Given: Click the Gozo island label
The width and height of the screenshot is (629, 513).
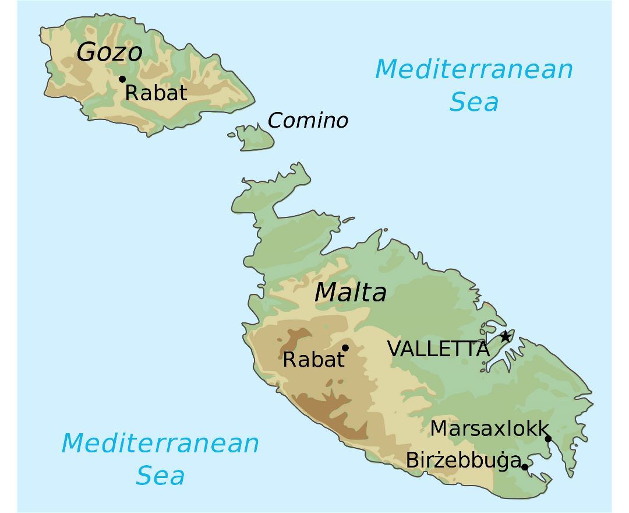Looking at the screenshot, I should [109, 52].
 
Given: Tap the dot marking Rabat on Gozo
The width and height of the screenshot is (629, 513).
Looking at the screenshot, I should [122, 79].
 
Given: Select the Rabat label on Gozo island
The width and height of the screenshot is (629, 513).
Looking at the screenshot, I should [156, 93].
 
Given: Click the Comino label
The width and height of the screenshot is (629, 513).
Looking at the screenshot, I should [308, 121].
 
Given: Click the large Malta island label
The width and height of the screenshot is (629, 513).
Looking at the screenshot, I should [350, 292].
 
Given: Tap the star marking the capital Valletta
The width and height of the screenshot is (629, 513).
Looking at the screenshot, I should [505, 336].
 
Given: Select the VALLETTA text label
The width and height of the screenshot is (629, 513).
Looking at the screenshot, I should [438, 349].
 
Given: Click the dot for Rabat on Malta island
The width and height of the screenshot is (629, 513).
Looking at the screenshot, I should [345, 348].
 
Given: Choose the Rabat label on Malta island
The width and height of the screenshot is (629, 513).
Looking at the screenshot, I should [313, 360].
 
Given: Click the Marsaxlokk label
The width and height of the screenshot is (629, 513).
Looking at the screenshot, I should [489, 428].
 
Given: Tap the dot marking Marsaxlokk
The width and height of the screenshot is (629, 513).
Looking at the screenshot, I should [548, 439].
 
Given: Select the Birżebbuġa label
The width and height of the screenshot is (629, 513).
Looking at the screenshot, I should [463, 461].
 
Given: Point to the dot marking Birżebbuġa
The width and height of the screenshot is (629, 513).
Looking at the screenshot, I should [525, 467].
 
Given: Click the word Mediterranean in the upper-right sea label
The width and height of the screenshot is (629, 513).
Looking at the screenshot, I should [474, 69].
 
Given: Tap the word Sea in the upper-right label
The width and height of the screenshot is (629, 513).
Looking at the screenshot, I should [474, 102].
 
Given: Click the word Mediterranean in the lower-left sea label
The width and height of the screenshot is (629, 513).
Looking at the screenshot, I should [160, 443].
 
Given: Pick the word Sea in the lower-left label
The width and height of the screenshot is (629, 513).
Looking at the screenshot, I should [160, 476].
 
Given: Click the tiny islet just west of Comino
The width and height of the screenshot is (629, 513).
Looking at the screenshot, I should [231, 135].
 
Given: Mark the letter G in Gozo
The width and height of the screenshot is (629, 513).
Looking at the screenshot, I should [86, 52].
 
